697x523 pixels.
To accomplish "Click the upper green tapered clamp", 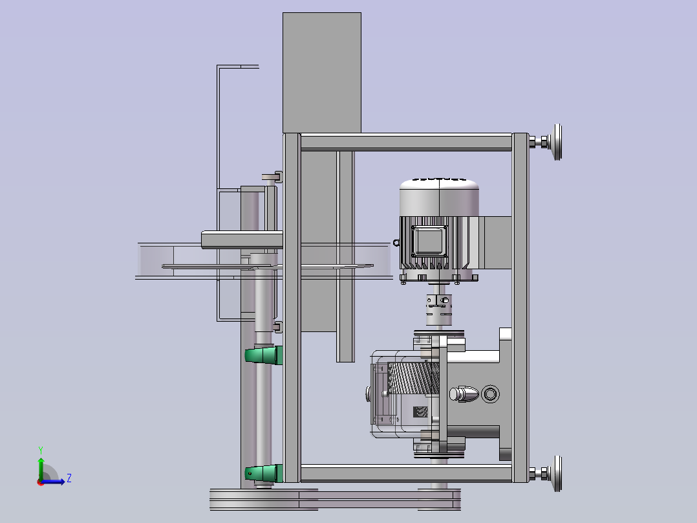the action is [x=264, y=355].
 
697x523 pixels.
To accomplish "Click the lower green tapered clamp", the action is [x=264, y=473].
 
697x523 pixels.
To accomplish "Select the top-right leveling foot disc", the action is [x=557, y=142].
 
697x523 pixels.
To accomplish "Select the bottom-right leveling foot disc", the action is [x=557, y=474].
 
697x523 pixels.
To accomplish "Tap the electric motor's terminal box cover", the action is [x=429, y=241].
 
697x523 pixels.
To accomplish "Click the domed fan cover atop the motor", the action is [x=439, y=197].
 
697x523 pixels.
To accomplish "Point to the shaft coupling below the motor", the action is [x=439, y=309].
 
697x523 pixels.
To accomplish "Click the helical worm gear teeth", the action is [x=413, y=377].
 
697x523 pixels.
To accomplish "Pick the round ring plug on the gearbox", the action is [x=490, y=394].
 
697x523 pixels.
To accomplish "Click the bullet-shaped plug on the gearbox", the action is [x=464, y=394].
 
